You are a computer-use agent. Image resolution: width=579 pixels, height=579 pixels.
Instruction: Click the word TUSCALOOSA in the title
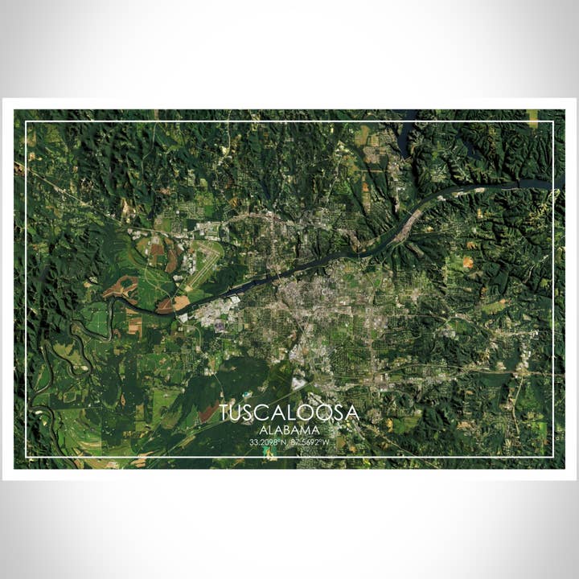click(289, 413)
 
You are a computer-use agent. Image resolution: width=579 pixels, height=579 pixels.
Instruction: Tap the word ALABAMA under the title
click(289, 430)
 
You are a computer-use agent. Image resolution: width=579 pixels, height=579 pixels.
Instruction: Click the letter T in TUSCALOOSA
click(224, 413)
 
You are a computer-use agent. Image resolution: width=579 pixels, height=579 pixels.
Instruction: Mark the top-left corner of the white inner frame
click(26, 121)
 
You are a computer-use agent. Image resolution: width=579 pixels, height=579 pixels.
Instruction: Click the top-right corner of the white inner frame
click(554, 121)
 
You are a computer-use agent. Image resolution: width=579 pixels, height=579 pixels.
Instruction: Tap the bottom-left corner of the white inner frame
click(26, 457)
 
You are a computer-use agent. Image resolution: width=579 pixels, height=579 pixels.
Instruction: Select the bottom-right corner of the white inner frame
click(554, 457)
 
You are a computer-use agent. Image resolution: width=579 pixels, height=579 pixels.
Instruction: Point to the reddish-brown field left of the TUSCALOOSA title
click(207, 413)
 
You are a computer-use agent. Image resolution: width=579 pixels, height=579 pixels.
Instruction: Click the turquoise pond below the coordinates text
click(266, 455)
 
